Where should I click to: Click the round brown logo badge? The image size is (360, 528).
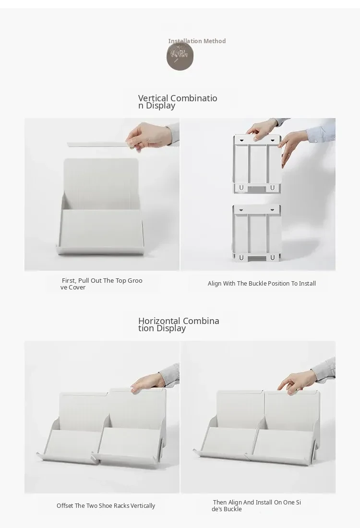pyautogui.click(x=180, y=56)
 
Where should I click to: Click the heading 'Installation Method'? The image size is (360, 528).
pyautogui.click(x=197, y=41)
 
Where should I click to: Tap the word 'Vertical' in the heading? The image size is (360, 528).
pyautogui.click(x=153, y=98)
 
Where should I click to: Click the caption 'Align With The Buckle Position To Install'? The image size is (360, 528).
pyautogui.click(x=262, y=284)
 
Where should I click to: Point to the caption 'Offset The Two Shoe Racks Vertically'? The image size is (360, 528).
pyautogui.click(x=106, y=506)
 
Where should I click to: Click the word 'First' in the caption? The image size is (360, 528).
pyautogui.click(x=69, y=280)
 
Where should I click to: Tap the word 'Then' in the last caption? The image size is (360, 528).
pyautogui.click(x=219, y=503)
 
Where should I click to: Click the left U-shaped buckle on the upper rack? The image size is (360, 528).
pyautogui.click(x=241, y=188)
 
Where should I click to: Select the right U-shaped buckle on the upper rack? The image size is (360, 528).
pyautogui.click(x=273, y=188)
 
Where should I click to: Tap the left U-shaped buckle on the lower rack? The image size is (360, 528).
pyautogui.click(x=241, y=258)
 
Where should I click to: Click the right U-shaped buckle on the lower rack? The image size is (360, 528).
pyautogui.click(x=273, y=258)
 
